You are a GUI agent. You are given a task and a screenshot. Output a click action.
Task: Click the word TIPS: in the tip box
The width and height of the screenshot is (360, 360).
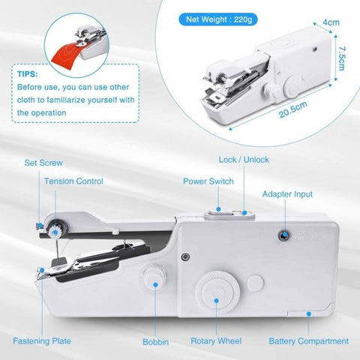(27, 75)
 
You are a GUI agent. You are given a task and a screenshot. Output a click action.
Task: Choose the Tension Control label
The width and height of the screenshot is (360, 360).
(73, 181)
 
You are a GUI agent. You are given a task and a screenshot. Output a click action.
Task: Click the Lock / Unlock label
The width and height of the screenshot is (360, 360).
(244, 160)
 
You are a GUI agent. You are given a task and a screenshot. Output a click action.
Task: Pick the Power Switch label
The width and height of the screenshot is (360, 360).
(208, 181)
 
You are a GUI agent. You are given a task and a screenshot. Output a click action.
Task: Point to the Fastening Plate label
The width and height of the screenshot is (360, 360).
(43, 340)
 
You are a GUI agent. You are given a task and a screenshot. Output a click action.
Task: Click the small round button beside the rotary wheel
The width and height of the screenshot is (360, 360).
(256, 283)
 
